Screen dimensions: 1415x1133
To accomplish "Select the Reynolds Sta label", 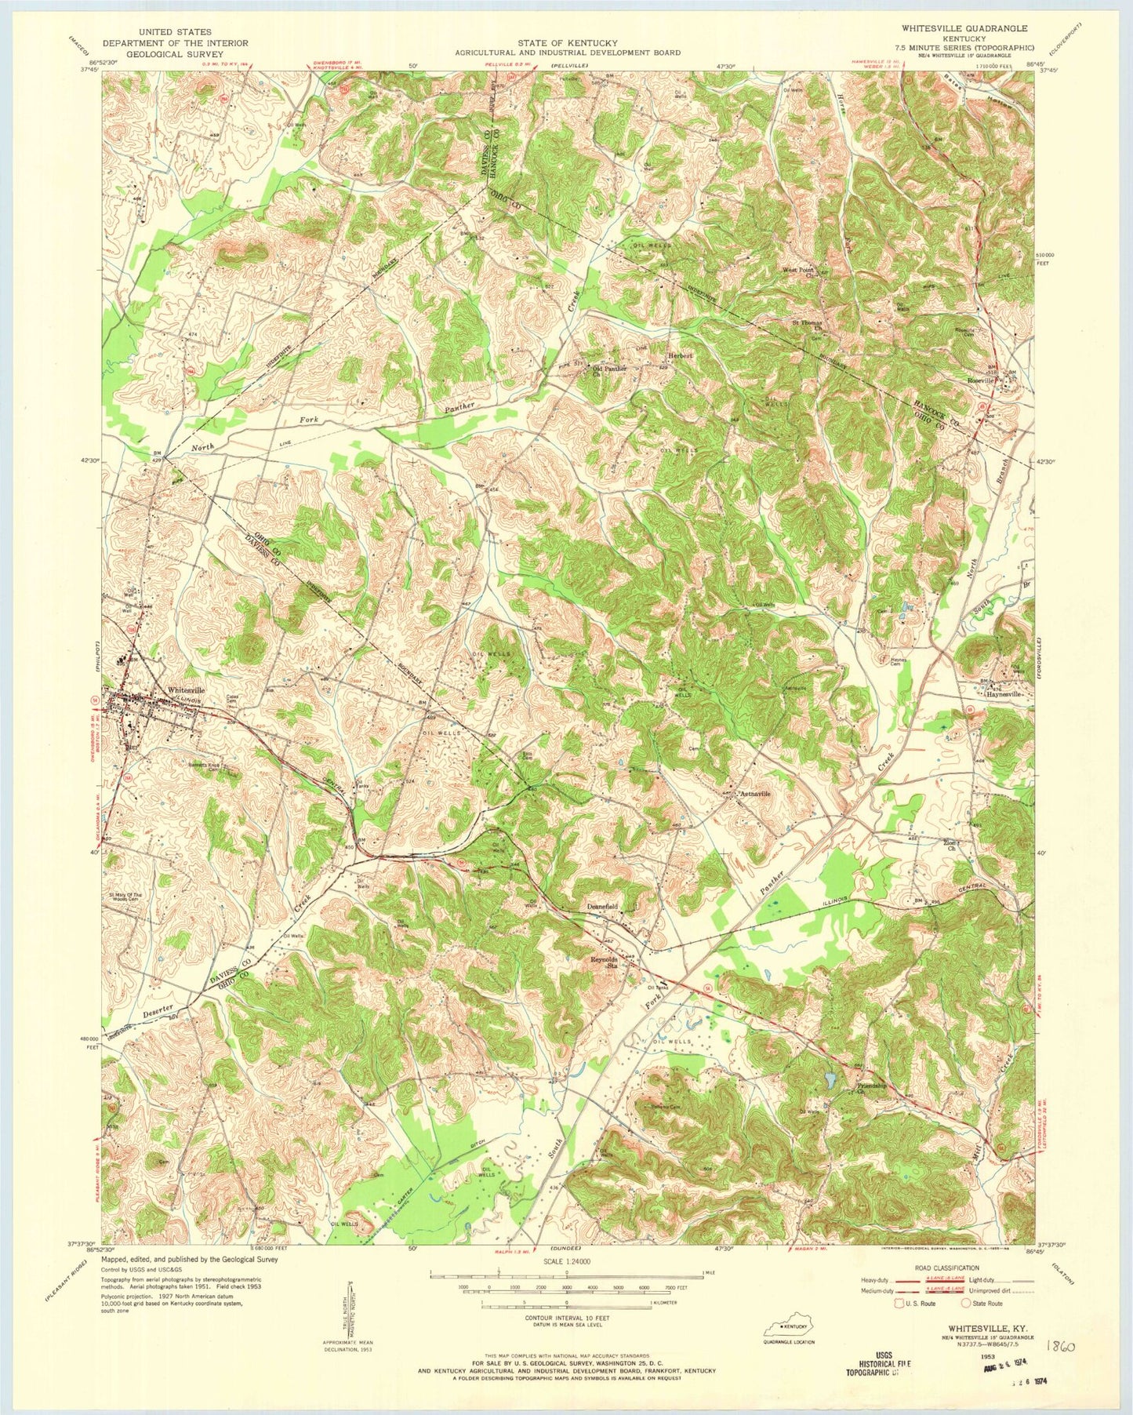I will (x=605, y=962).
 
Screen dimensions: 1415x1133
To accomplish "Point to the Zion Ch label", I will (x=950, y=845).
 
